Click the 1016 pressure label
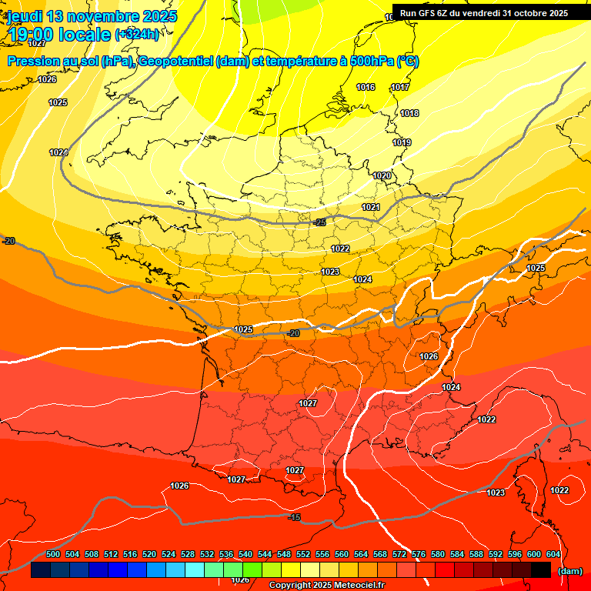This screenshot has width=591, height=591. click(366, 87)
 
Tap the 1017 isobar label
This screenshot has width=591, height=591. click(400, 87)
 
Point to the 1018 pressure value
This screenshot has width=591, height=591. click(409, 113)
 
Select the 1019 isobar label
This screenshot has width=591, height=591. click(402, 142)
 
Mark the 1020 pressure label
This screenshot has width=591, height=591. click(382, 175)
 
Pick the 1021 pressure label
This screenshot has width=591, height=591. click(371, 207)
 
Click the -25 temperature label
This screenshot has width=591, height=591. click(320, 222)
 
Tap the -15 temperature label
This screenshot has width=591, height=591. click(294, 518)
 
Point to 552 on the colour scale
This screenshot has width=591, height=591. click(303, 554)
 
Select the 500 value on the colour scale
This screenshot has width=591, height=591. click(53, 554)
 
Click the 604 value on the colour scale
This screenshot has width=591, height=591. click(553, 554)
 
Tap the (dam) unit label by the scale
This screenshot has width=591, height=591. click(569, 571)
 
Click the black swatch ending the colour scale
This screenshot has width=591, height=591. click(541, 570)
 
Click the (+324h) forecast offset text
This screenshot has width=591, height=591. click(136, 35)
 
